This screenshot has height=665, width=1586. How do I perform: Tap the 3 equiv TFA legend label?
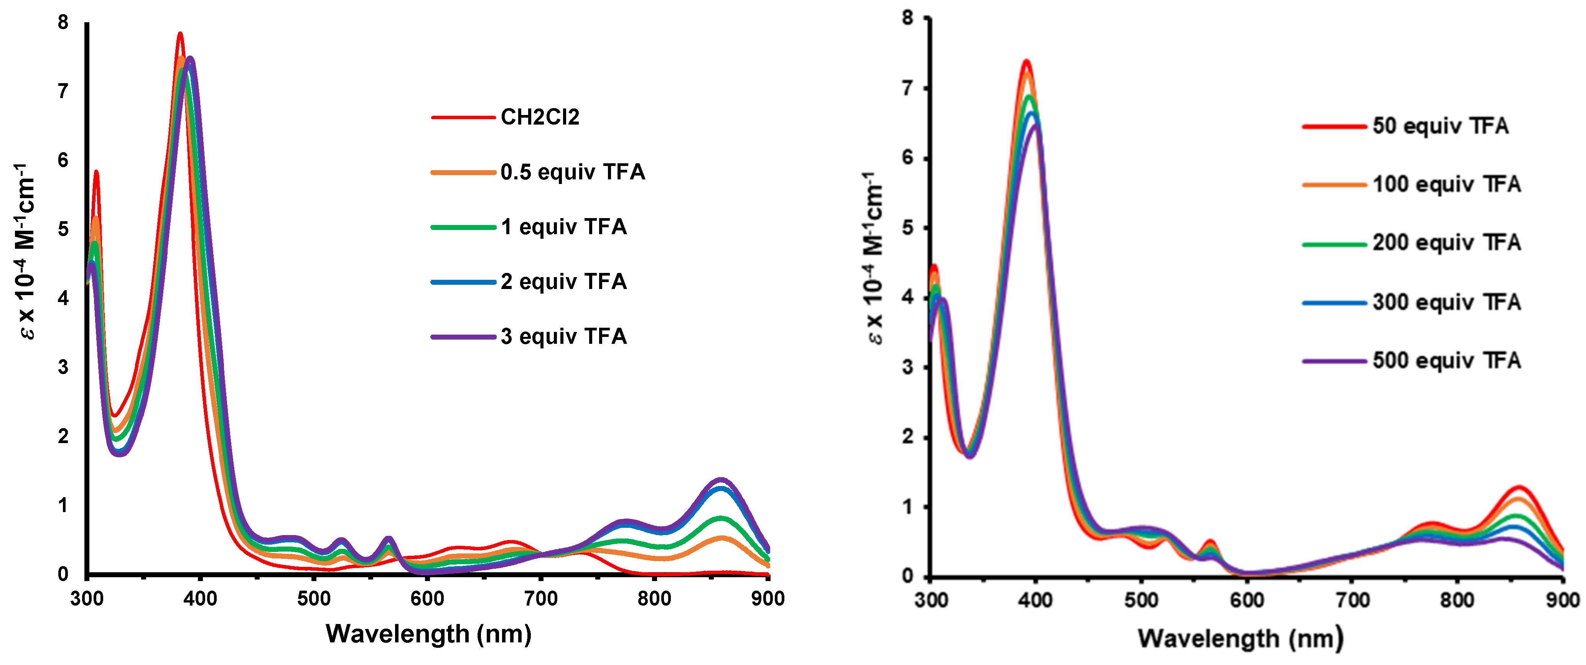pos(563,337)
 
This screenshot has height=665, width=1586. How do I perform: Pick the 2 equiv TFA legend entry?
pos(563,282)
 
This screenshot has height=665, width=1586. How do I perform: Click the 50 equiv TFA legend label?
pos(1440,126)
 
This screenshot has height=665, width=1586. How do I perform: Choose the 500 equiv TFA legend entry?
pos(1446,361)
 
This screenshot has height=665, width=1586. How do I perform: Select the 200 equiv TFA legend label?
pos(1446,243)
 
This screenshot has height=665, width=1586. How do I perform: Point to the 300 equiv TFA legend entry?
pos(1446,302)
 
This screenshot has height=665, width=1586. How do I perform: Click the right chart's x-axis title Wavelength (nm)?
pos(1240,639)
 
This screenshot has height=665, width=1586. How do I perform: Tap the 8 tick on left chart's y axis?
pos(63,23)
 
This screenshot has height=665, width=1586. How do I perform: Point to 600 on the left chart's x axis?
pos(427,599)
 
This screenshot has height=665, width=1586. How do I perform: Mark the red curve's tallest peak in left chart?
pos(180,34)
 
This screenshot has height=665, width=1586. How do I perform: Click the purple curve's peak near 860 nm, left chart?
pos(720,479)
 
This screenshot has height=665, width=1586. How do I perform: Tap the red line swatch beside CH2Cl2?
pos(463,117)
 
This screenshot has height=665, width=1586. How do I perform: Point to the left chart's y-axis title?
pos(25,252)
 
